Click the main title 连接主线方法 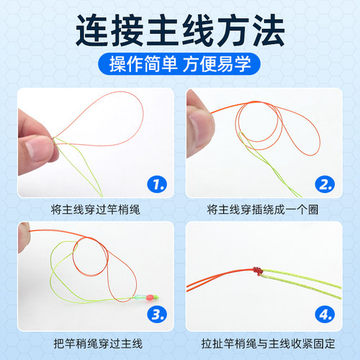(x=180, y=30)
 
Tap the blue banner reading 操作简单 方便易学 (x=180, y=65)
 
